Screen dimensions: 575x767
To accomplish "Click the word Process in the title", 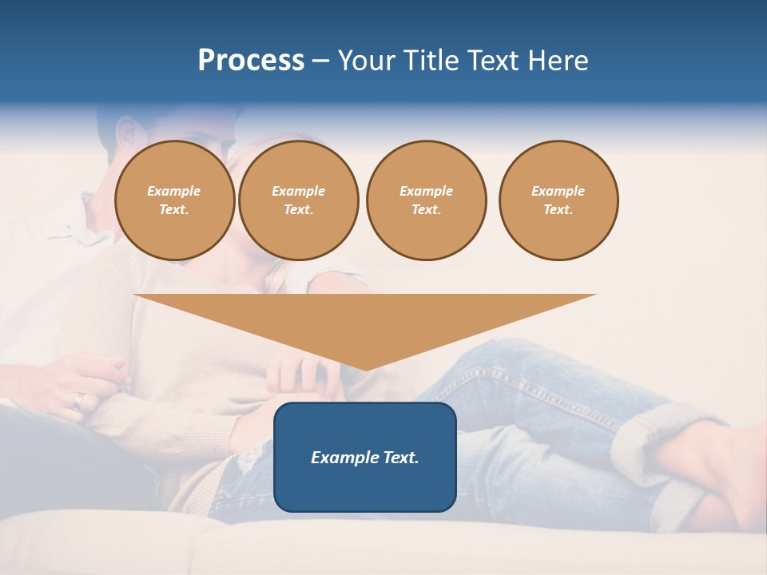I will click(251, 61).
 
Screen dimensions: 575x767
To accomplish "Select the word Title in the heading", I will click(434, 61).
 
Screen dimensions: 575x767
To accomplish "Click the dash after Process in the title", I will click(320, 61).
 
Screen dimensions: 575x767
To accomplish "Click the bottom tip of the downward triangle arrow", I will click(365, 369).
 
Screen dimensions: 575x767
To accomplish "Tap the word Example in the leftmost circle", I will click(174, 191).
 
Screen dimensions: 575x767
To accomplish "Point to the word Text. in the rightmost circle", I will click(558, 209).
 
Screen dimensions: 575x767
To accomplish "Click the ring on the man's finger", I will click(77, 400).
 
